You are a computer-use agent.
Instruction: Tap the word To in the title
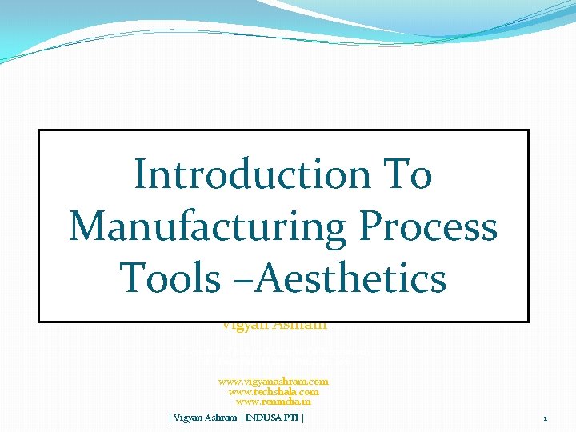[408, 174]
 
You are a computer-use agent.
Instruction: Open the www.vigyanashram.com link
[274, 382]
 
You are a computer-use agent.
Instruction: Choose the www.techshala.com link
[274, 391]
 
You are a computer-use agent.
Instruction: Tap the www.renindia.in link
[274, 402]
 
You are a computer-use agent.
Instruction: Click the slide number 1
[545, 418]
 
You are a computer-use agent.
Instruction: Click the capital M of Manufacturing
[88, 226]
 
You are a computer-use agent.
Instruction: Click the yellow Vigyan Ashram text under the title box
[274, 326]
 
